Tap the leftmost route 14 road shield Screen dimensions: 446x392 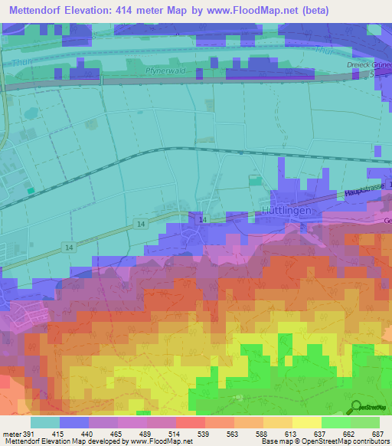[x=68, y=248]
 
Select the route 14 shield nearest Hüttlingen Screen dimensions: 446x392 [x=202, y=220]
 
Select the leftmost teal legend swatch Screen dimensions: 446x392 [x=45, y=421]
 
